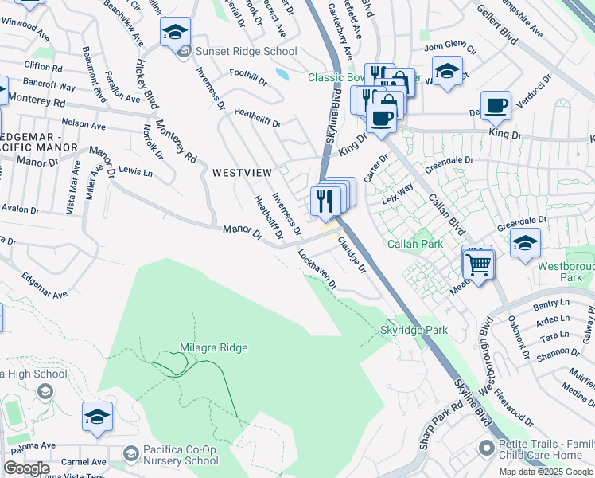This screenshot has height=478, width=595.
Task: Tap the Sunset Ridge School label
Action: [247, 52]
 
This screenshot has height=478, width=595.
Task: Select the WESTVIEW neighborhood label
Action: [242, 172]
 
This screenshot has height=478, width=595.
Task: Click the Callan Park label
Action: [414, 244]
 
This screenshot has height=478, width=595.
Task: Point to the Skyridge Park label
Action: [413, 330]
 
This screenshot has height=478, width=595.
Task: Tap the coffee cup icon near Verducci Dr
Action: [496, 105]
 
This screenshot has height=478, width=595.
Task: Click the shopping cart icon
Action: [479, 264]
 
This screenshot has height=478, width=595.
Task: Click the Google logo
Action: [26, 468]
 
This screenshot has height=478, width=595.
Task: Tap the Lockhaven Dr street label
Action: [317, 269]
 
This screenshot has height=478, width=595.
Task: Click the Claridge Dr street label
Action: [351, 255]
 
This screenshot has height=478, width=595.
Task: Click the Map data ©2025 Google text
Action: [545, 472]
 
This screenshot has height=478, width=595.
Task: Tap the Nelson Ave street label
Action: [84, 126]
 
